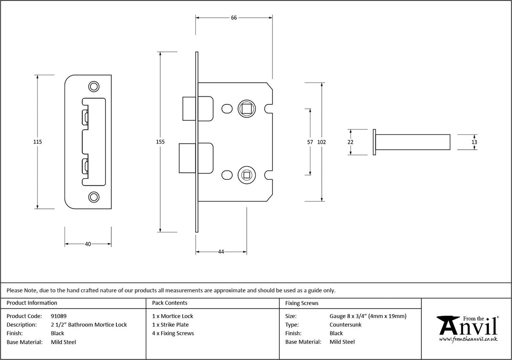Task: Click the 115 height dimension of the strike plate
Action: (x=38, y=142)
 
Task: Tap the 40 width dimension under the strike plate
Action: (x=88, y=244)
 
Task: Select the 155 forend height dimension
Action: (x=160, y=142)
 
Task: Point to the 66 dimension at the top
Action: (x=234, y=17)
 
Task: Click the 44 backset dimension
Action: (x=221, y=252)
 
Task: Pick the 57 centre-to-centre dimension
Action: (x=310, y=142)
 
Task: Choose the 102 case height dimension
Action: (x=322, y=142)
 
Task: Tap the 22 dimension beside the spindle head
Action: (x=350, y=142)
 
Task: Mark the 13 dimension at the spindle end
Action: (x=474, y=142)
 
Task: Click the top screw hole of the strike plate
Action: (x=93, y=87)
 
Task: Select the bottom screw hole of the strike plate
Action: (x=93, y=197)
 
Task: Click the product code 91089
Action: (x=59, y=316)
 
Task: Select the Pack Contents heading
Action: (x=170, y=303)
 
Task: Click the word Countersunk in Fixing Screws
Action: (x=345, y=325)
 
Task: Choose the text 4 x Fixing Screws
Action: (x=173, y=333)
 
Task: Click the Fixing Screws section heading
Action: (x=302, y=303)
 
